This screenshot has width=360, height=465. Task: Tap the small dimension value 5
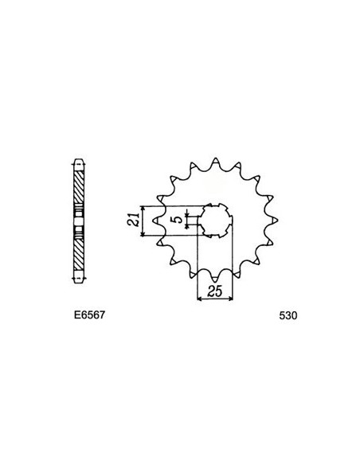click(175, 221)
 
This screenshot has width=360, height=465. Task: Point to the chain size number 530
click(288, 315)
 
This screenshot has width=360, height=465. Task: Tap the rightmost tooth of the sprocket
click(272, 221)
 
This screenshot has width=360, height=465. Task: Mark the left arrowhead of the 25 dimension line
click(199, 299)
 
